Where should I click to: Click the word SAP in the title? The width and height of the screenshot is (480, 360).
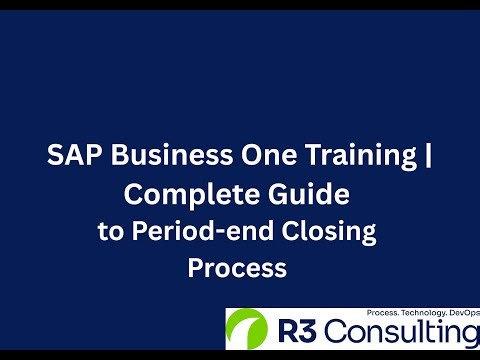71,157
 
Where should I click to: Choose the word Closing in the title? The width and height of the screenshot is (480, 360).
330,234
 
